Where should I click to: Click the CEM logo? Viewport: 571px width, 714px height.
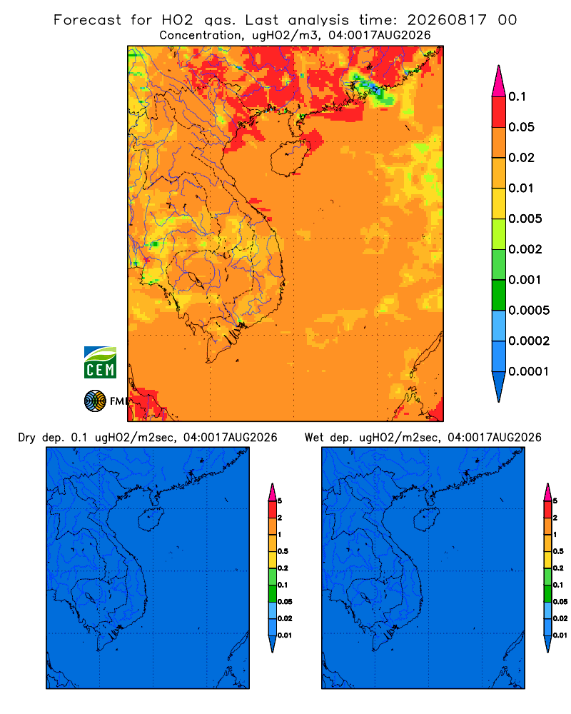pos(100,362)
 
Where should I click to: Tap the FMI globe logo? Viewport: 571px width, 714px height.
pos(95,401)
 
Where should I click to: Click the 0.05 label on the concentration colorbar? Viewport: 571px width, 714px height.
pos(521,127)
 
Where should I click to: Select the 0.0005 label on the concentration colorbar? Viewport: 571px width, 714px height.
pos(529,311)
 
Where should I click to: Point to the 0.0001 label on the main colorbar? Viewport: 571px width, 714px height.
pos(529,371)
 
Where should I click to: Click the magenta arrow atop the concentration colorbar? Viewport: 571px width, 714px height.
pos(499,81)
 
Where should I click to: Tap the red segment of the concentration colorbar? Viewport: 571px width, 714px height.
pos(499,112)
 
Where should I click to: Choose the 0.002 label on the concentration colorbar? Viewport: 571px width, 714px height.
pos(525,249)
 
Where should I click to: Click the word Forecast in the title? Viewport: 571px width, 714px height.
pos(87,20)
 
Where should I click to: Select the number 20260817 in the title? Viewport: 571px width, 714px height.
pos(447,20)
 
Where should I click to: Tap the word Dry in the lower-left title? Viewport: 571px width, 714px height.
pos(27,438)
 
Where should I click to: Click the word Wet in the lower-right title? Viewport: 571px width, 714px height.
pos(315,438)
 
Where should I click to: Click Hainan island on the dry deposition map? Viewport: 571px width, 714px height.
pos(151,520)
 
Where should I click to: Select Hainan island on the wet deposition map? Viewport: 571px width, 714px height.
pos(427,520)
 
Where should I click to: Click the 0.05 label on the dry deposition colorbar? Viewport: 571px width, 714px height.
pos(285,601)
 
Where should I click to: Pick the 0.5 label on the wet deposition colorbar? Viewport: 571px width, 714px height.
pos(559,551)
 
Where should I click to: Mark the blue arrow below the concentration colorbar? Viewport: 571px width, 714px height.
pos(499,386)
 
